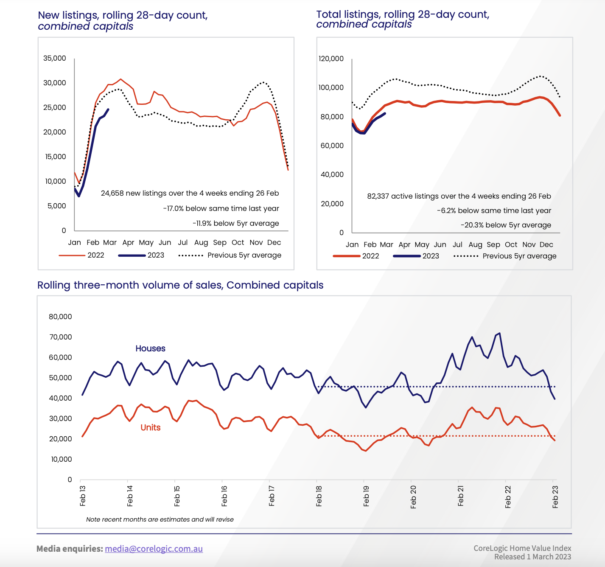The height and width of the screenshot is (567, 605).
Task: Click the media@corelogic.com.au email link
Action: click(x=154, y=549)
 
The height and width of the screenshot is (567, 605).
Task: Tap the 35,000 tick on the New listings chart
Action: click(x=55, y=58)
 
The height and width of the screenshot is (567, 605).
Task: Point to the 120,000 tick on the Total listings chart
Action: click(x=331, y=59)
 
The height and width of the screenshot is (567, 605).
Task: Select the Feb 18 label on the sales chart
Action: click(x=319, y=496)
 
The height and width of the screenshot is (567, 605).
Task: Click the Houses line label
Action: click(x=150, y=348)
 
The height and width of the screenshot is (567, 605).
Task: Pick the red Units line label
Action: click(x=150, y=427)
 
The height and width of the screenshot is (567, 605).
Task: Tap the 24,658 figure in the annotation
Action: click(x=112, y=193)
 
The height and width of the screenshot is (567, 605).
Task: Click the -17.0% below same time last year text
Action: click(x=221, y=208)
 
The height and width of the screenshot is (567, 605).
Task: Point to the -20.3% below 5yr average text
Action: click(x=506, y=225)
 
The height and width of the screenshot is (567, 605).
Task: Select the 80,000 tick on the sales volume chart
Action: click(x=61, y=317)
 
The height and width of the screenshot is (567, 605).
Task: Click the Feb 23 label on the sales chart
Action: click(x=555, y=496)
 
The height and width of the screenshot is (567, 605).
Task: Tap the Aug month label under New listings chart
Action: click(x=201, y=242)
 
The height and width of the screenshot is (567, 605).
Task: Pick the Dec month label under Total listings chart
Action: click(x=546, y=244)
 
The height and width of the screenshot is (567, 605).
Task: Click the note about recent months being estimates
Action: click(x=160, y=519)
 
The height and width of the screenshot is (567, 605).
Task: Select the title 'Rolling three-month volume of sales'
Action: click(x=180, y=285)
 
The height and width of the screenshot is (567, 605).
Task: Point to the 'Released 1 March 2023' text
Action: click(x=532, y=557)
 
